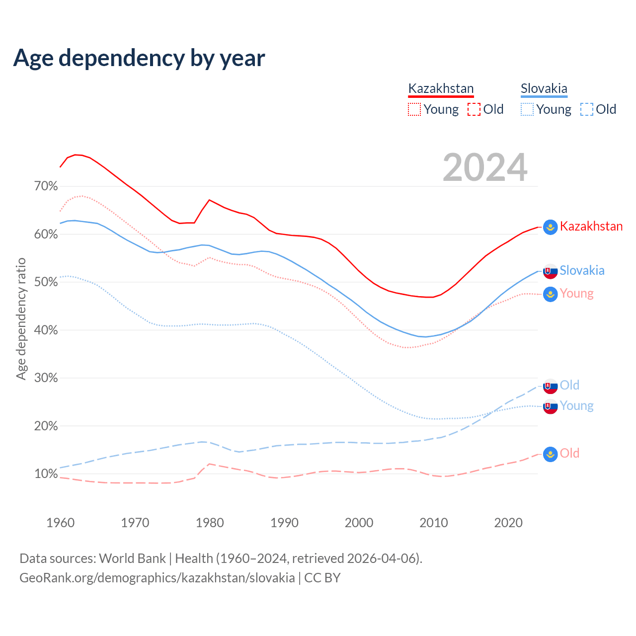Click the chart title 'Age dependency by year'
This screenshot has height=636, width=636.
[x=139, y=58]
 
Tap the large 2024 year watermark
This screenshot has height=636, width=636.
[x=485, y=168]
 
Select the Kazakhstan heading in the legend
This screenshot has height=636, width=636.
[x=441, y=88]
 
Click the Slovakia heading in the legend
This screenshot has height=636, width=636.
[x=544, y=88]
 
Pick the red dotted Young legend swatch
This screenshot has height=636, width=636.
[x=414, y=109]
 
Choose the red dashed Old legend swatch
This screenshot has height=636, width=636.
[x=474, y=109]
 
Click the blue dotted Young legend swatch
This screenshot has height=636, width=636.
[x=527, y=109]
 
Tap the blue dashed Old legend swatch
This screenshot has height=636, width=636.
[x=586, y=109]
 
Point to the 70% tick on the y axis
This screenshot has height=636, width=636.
[x=46, y=186]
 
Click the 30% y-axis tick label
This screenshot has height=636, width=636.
[x=46, y=378]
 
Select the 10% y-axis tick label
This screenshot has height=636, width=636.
[x=46, y=474]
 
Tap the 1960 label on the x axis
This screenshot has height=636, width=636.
[x=60, y=523]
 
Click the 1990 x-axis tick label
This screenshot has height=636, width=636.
[x=284, y=523]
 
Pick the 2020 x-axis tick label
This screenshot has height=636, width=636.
[x=508, y=523]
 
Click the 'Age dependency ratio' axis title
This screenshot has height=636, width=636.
[x=21, y=318]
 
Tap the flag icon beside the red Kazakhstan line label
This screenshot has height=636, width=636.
[x=550, y=227]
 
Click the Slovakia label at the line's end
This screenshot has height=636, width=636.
[x=582, y=270]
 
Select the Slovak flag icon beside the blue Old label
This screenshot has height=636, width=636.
[x=550, y=386]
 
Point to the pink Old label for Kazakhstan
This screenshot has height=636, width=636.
[x=569, y=453]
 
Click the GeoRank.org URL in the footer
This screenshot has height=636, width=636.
[x=157, y=578]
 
